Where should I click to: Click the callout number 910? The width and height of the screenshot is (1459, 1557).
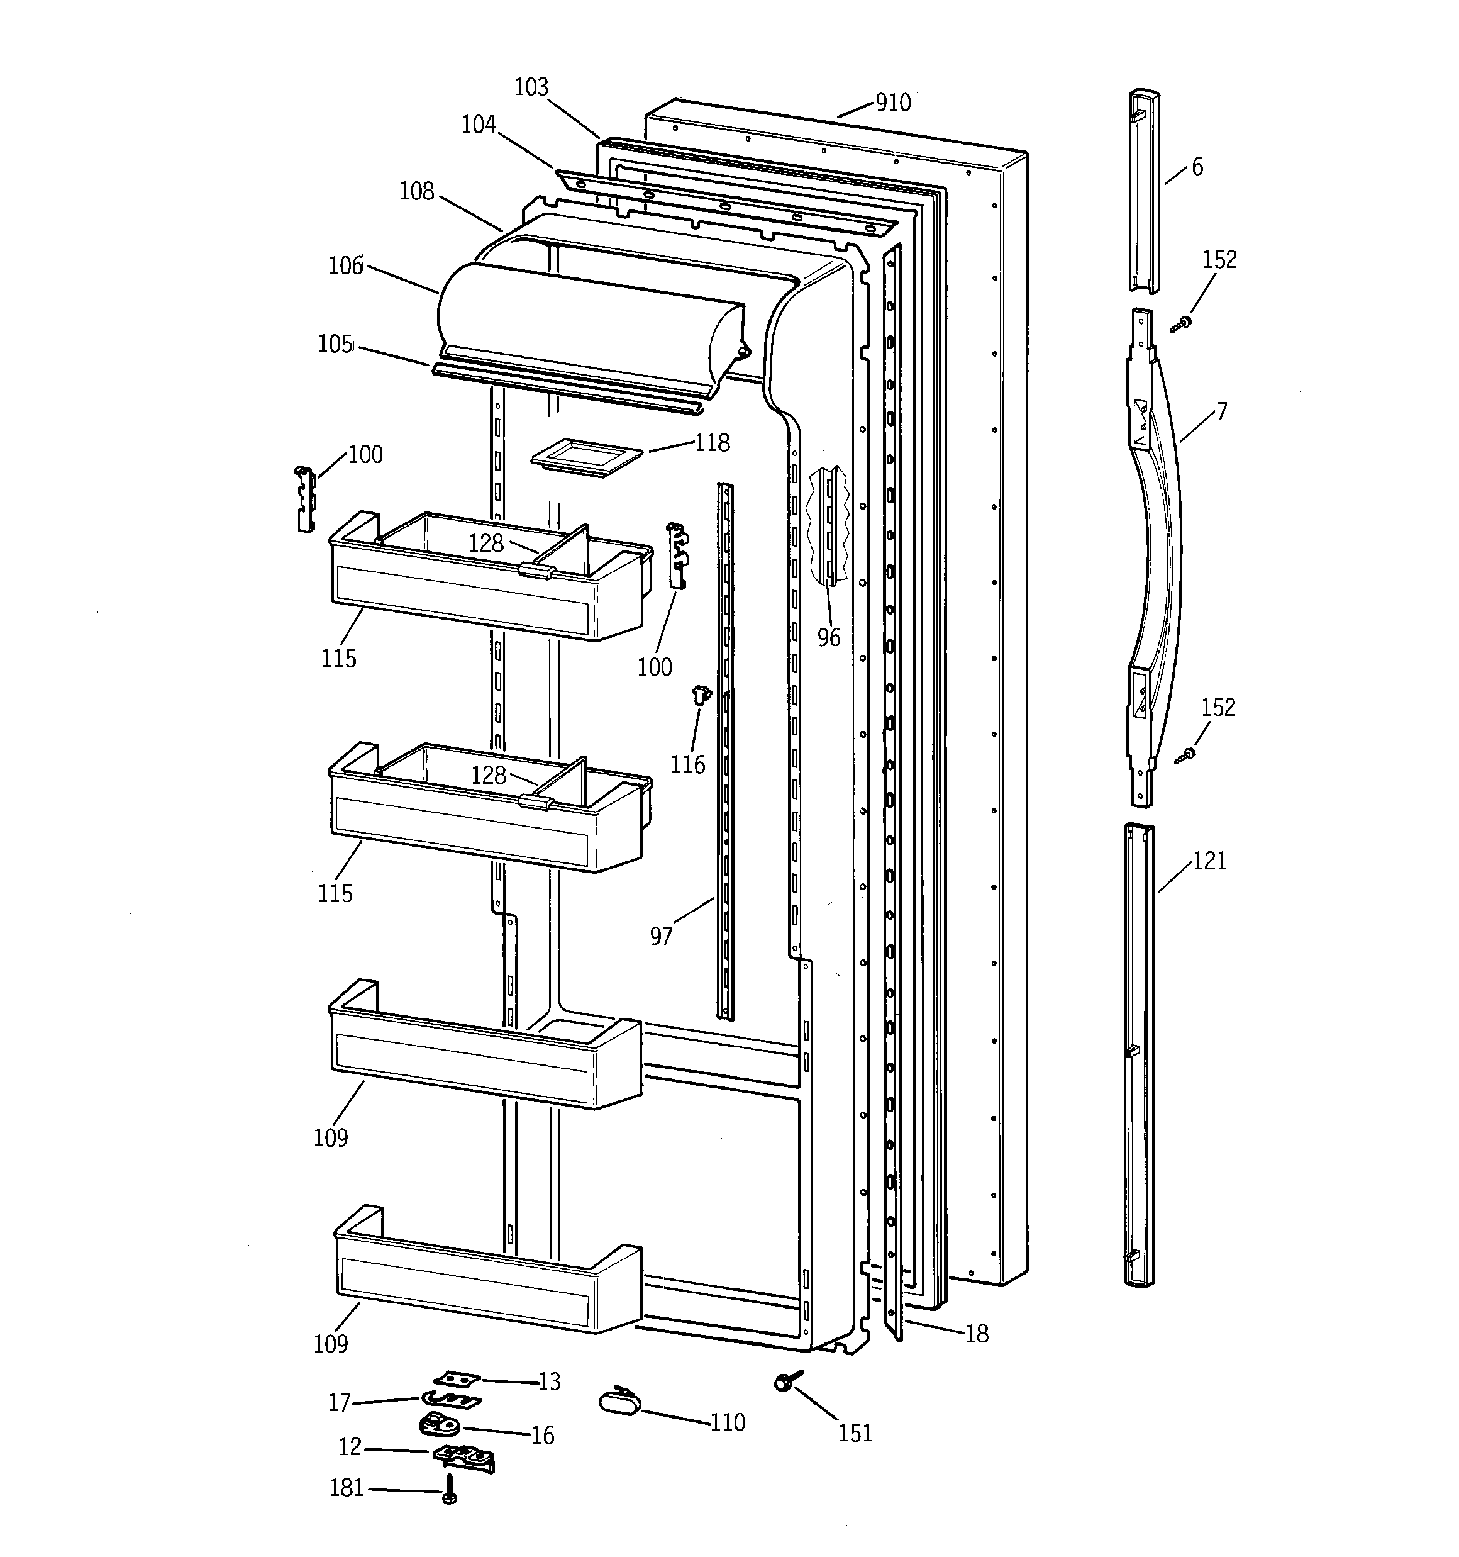coord(893,103)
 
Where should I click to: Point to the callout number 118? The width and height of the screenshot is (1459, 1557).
coord(712,444)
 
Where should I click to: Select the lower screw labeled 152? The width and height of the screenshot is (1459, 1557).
coord(1185,755)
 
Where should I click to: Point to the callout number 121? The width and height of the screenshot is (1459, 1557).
coord(1209,861)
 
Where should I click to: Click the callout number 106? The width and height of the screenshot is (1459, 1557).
coord(345,265)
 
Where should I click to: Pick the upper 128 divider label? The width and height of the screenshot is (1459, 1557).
coord(485,543)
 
